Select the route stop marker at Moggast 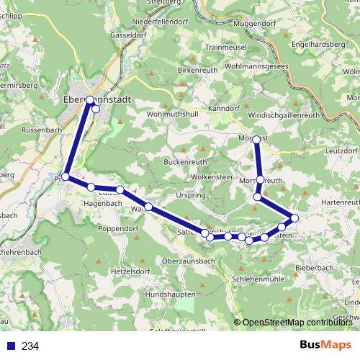point(256,140)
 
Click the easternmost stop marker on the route point(294,217)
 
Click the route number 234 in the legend point(30,346)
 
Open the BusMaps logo point(325,345)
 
